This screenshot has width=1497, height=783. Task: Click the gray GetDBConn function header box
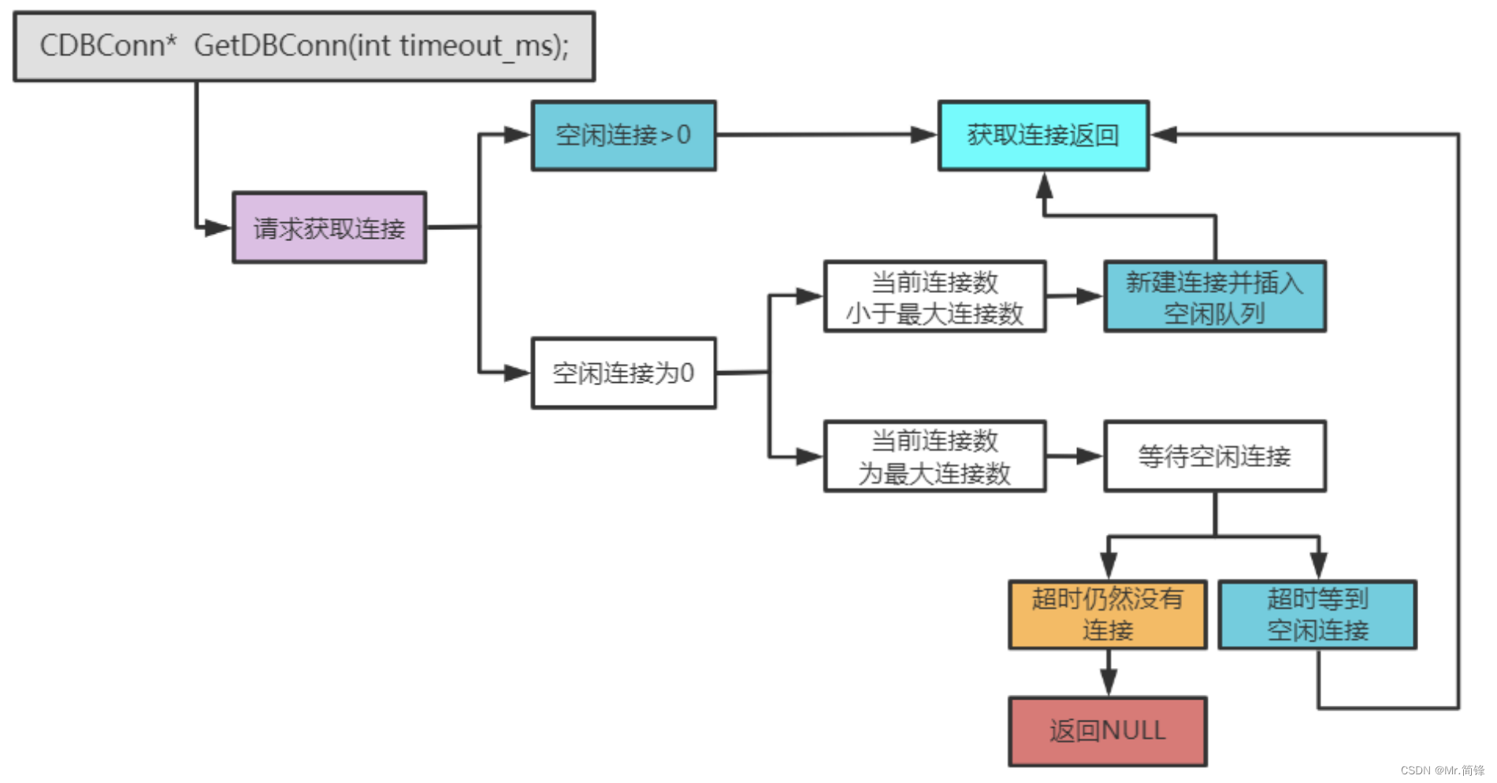click(304, 46)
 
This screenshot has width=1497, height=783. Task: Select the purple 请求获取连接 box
click(329, 228)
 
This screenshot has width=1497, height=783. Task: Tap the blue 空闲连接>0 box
click(623, 135)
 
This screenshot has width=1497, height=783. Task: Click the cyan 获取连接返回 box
click(1043, 135)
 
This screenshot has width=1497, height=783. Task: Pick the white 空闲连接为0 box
click(623, 373)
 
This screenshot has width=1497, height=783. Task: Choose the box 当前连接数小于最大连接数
click(934, 297)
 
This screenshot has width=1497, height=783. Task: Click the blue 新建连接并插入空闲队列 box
click(1214, 297)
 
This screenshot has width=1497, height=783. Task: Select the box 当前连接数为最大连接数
click(934, 457)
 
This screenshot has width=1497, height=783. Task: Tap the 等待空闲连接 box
click(1214, 457)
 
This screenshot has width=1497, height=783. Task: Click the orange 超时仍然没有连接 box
click(1107, 615)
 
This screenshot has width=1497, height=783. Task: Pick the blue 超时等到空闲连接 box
click(1317, 615)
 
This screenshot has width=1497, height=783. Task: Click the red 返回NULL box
click(1107, 731)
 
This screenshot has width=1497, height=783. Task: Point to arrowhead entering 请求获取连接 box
click(218, 228)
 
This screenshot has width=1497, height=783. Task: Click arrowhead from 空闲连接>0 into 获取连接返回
click(923, 135)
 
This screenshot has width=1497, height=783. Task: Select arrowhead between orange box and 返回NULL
click(1108, 682)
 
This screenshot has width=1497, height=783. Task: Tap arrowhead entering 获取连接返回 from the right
click(1165, 135)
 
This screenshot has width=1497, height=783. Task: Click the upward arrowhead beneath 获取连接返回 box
click(1044, 186)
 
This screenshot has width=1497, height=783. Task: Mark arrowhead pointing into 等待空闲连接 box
click(1090, 456)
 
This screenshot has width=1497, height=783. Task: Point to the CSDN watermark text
click(1442, 770)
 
